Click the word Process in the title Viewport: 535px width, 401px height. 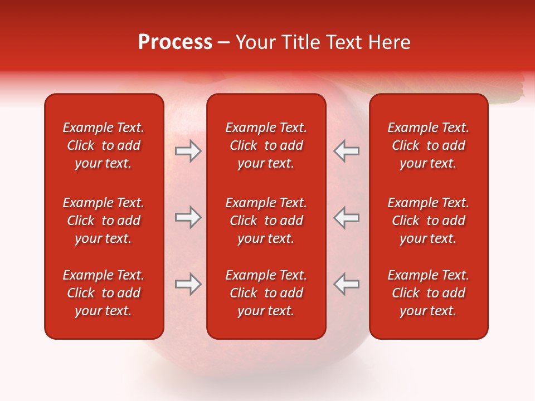point(175,42)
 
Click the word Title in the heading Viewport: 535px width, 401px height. point(299,42)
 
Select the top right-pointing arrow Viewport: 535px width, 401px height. point(188,151)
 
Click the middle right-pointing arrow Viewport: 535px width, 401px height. point(188,217)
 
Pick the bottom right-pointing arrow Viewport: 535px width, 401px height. point(188,284)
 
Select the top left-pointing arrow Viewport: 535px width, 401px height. point(346,151)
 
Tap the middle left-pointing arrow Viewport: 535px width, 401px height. point(346,217)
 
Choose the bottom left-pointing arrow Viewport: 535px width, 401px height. point(346,284)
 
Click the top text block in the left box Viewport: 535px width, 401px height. point(104,145)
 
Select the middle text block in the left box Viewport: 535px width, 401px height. point(104,221)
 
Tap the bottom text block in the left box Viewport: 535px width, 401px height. point(104,293)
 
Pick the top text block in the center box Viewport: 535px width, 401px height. point(266,145)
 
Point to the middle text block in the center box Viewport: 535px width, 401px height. point(266,221)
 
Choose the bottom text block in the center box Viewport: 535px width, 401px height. point(266,293)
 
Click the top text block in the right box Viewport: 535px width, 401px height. point(429,145)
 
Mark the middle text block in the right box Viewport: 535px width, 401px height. point(429,221)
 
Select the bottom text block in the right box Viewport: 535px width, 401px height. point(429,293)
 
